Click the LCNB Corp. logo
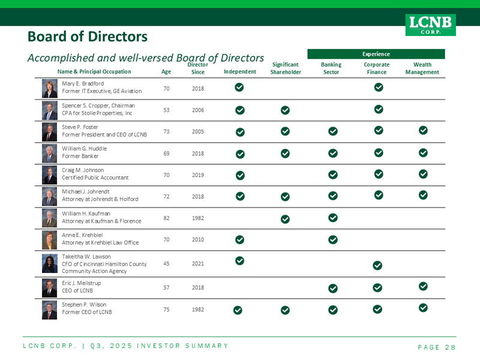[x=430, y=25]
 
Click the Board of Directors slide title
[x=88, y=37]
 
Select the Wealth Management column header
[x=422, y=68]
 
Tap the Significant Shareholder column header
[x=286, y=68]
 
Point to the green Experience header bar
[x=376, y=54]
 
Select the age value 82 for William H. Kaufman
[x=167, y=218]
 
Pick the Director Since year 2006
[x=197, y=110]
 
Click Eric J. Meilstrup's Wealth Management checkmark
[x=423, y=286]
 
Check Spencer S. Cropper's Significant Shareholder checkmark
[x=285, y=110]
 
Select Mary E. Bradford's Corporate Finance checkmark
[x=379, y=88]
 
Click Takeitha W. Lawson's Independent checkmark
[x=239, y=260]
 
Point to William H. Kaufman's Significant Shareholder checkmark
[x=285, y=218]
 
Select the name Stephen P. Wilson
[x=84, y=304]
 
